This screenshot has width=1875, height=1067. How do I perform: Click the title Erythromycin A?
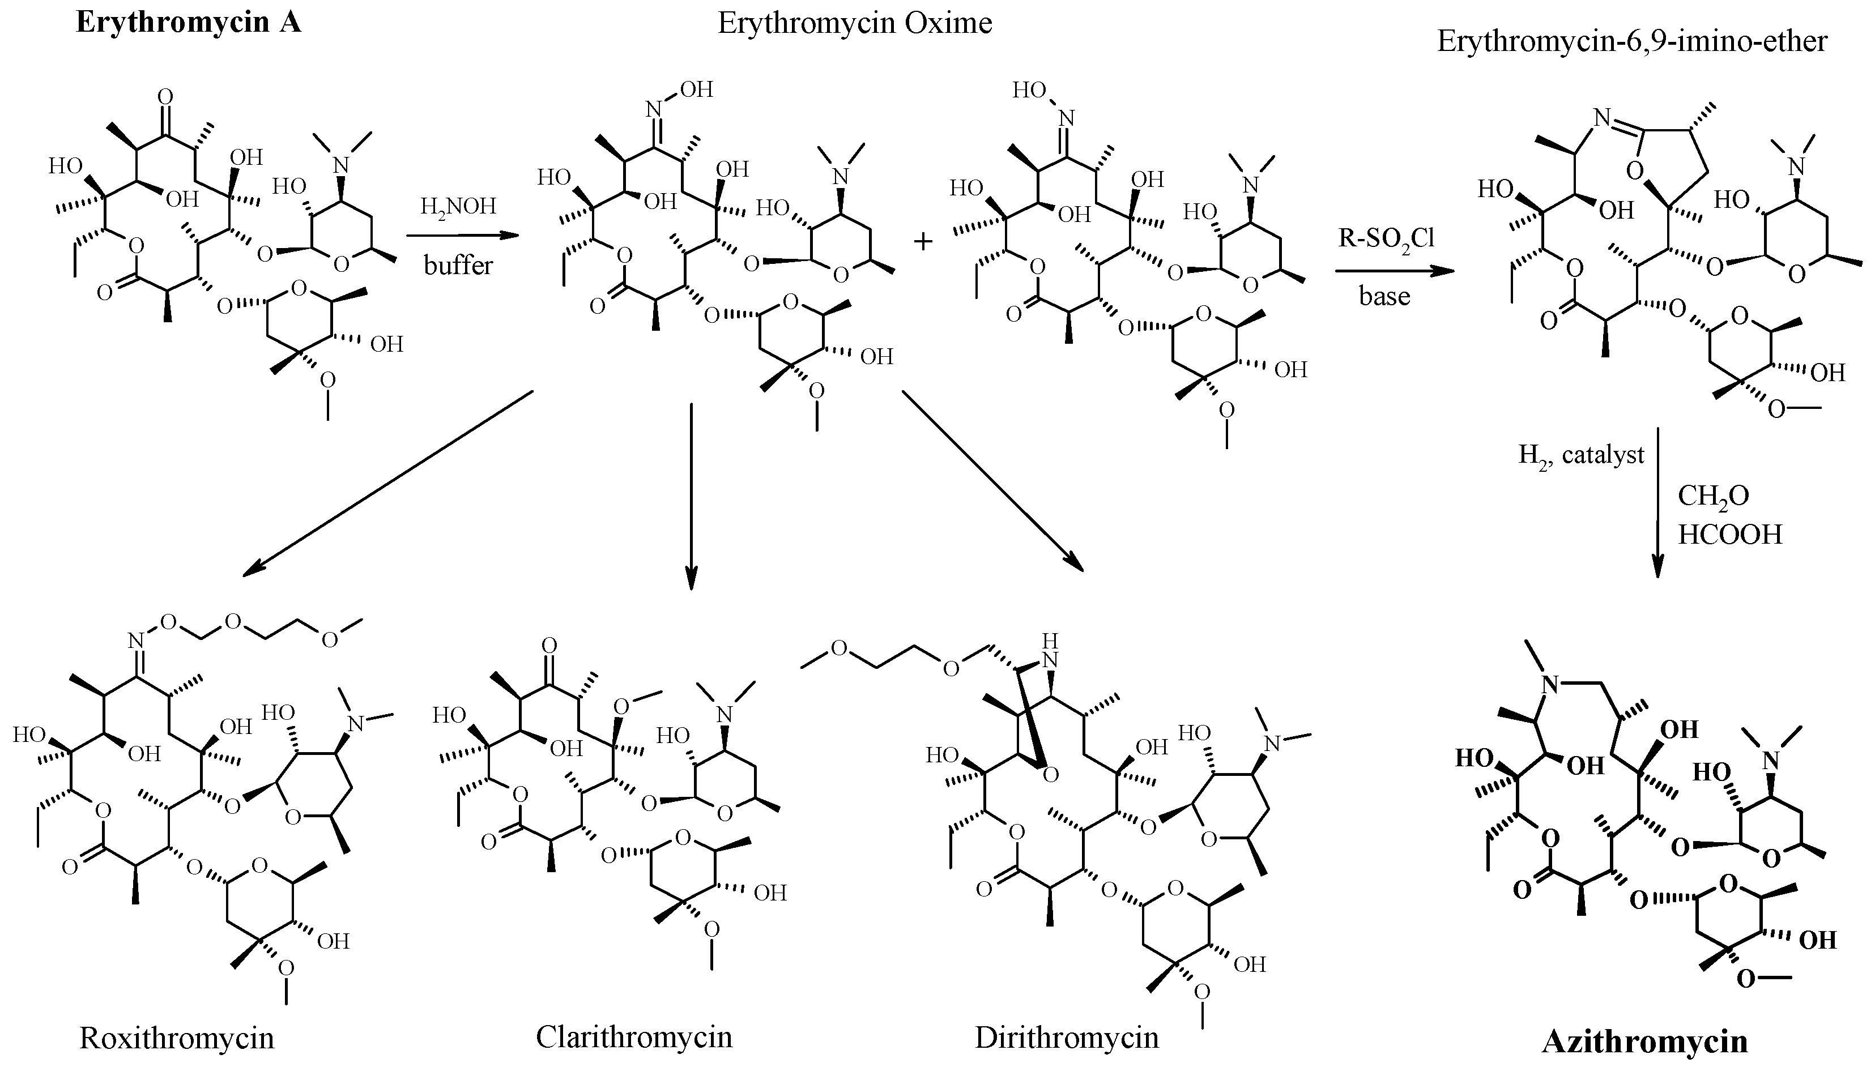pyautogui.click(x=189, y=23)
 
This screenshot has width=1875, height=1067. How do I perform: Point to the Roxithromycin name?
pyautogui.click(x=177, y=1038)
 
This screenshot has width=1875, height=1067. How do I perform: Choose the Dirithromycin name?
pyautogui.click(x=1067, y=1038)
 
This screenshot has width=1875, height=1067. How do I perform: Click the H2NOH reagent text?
pyautogui.click(x=458, y=207)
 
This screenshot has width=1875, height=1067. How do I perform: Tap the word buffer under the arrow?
pyautogui.click(x=458, y=264)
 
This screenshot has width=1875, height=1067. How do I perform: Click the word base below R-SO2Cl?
pyautogui.click(x=1384, y=296)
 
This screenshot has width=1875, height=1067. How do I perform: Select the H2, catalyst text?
pyautogui.click(x=1581, y=456)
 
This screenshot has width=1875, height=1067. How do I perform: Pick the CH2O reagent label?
pyautogui.click(x=1713, y=497)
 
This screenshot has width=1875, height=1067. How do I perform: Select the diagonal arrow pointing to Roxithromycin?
pyautogui.click(x=388, y=483)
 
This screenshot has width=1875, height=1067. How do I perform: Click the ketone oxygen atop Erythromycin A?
pyautogui.click(x=165, y=97)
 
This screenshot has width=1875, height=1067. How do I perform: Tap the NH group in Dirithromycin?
pyautogui.click(x=1050, y=651)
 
